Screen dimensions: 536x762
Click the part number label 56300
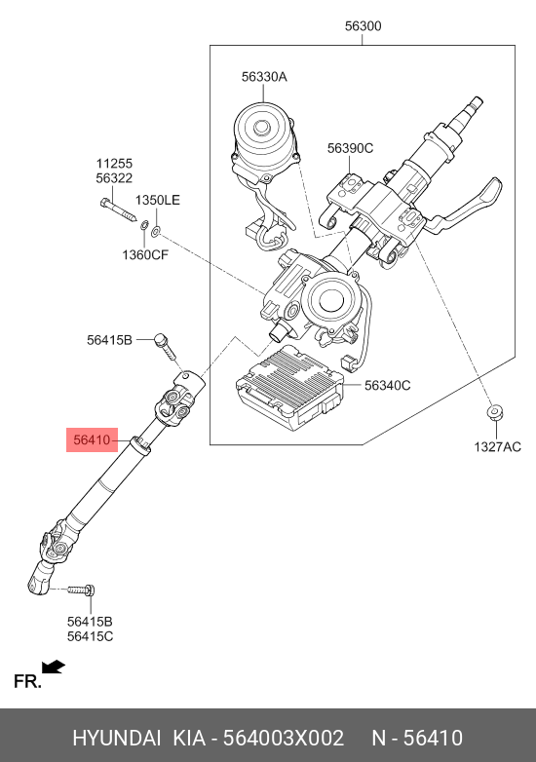[363, 25]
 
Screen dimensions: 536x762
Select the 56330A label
[264, 77]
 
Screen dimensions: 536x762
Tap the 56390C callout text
[351, 148]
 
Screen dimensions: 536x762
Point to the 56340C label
[387, 385]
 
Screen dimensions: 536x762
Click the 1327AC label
[498, 446]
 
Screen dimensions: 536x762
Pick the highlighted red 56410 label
[93, 440]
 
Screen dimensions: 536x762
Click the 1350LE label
[158, 200]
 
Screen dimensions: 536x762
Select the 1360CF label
[145, 254]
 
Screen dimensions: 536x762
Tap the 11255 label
[114, 164]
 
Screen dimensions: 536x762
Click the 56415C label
[90, 636]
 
